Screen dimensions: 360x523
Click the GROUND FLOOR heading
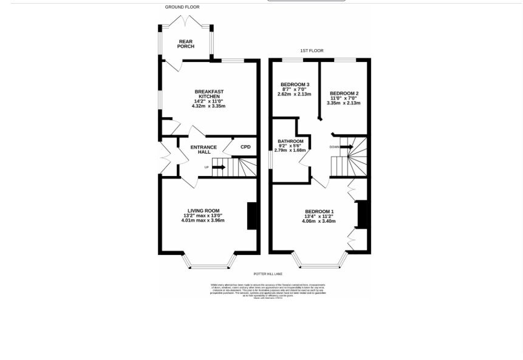pos(182,7)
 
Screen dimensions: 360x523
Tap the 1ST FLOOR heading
pos(312,51)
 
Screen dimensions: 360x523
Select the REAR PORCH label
pos(186,44)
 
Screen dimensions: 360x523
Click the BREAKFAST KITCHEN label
pos(209,94)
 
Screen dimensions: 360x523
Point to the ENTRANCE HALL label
pos(203,149)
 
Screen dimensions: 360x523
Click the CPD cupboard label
pos(245,147)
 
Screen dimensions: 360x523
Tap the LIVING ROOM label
pos(203,211)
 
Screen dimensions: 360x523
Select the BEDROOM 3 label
pos(295,84)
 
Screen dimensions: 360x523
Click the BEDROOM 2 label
pos(344,93)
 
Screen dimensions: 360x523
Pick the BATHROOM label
pos(290,141)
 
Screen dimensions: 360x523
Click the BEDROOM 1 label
pos(319,212)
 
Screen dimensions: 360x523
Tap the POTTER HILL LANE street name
pos(268,274)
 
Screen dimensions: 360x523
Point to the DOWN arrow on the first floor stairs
pos(346,147)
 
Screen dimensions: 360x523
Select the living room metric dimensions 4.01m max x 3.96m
pos(203,220)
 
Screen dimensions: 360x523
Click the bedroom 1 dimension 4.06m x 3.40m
pos(319,221)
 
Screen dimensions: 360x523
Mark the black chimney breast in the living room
pos(252,216)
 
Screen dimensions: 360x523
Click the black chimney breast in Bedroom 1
pos(363,214)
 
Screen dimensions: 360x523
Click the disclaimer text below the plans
pos(268,290)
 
